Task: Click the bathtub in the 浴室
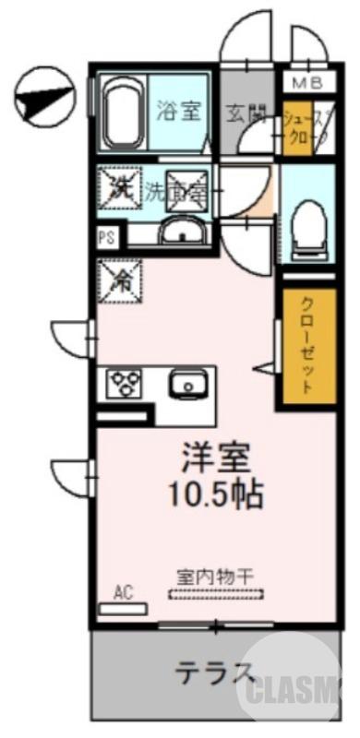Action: click(x=120, y=113)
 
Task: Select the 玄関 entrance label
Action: click(x=246, y=113)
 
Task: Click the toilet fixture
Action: click(x=305, y=225)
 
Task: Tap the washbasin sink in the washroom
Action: click(x=185, y=231)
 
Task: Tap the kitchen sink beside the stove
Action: click(x=188, y=381)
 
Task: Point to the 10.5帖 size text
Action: click(x=215, y=495)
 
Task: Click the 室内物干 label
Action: click(x=215, y=574)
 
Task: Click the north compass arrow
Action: click(x=43, y=96)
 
